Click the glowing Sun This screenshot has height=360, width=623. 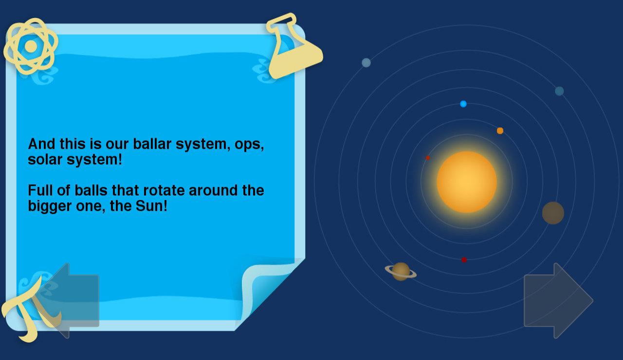467,182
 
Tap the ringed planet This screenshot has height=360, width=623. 401,271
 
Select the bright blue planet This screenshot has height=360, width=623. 463,104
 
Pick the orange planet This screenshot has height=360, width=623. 500,131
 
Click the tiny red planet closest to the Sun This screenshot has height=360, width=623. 428,158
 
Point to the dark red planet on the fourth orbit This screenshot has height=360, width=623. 464,260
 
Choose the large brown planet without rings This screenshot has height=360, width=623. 553,213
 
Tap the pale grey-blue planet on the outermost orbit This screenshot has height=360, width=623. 366,63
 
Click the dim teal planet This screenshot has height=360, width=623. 559,91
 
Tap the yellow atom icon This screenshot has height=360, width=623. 31,46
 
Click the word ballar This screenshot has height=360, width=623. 152,144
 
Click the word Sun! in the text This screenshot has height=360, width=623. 151,206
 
